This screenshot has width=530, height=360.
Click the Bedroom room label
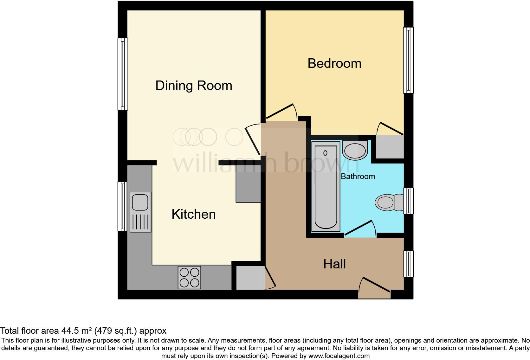[x=334, y=63]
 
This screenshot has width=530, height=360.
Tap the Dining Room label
[x=194, y=86]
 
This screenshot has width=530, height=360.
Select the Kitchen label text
[x=193, y=214]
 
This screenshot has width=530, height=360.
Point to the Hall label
[x=334, y=264]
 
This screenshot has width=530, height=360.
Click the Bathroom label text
[x=358, y=177]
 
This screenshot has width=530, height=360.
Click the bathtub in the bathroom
[x=326, y=187]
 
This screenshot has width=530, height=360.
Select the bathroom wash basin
[x=355, y=151]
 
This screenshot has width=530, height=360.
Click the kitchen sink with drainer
[x=140, y=212]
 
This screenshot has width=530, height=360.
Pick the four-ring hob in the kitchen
[x=189, y=277]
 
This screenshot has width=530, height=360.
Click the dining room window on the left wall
[x=123, y=74]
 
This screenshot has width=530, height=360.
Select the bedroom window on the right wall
[x=408, y=60]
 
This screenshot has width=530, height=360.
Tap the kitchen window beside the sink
[x=122, y=206]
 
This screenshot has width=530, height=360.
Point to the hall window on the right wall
[x=408, y=264]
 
